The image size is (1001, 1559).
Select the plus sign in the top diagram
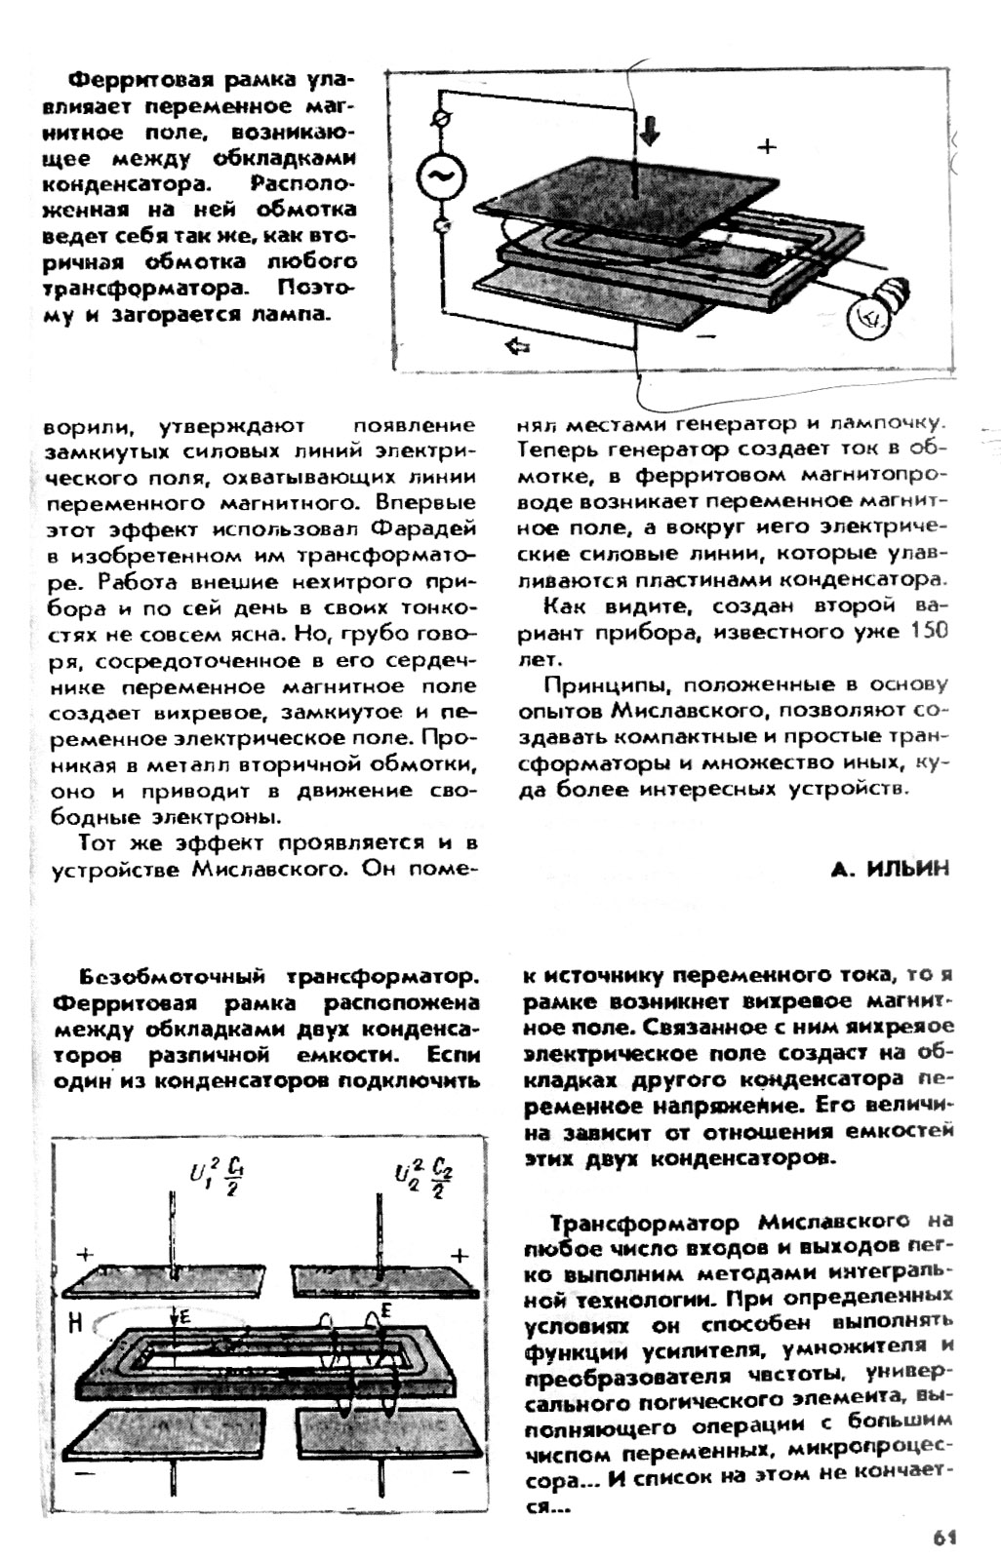click(768, 147)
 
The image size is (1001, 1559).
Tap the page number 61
click(942, 1538)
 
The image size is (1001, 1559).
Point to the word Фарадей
click(423, 529)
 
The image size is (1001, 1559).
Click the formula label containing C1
click(216, 1177)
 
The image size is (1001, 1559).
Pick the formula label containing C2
click(422, 1179)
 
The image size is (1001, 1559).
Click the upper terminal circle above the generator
click(439, 119)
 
